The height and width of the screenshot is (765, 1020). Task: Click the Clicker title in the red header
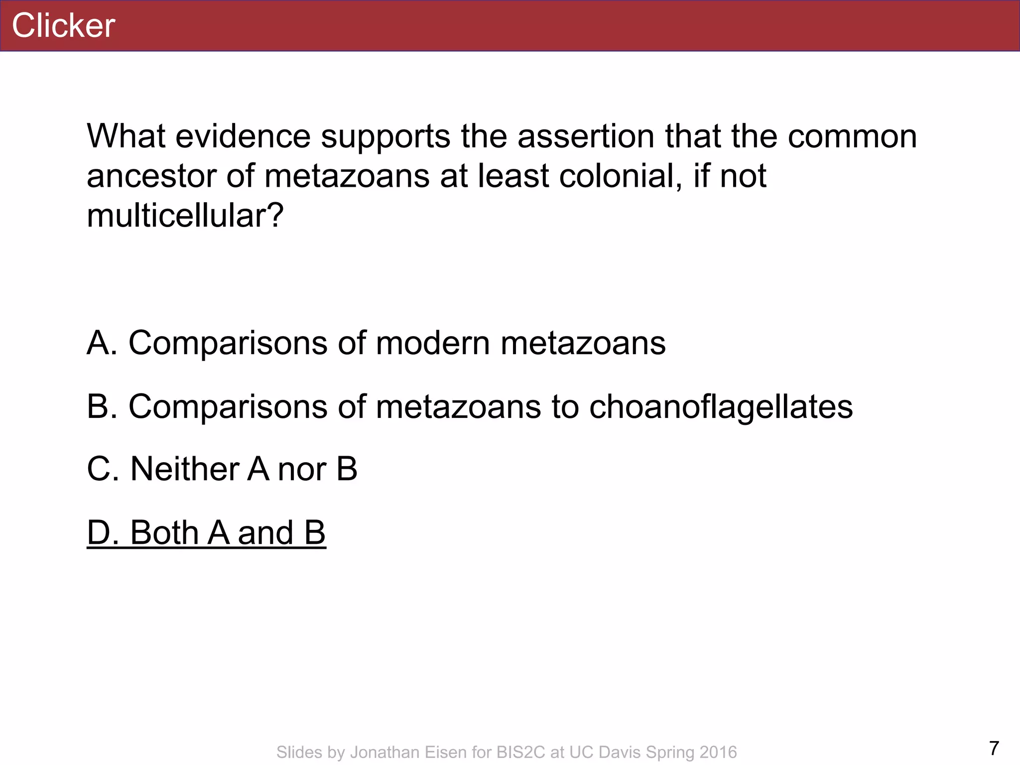point(63,26)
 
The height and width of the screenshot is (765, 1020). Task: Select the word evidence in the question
point(243,136)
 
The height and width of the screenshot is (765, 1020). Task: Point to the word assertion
point(586,136)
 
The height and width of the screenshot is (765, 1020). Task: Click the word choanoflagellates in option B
point(721,407)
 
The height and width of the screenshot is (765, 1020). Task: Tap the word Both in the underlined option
point(164,533)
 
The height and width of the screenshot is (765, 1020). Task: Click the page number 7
point(994,749)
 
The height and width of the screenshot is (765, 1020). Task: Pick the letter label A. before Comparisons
point(102,343)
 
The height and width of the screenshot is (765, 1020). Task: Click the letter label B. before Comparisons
point(102,407)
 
